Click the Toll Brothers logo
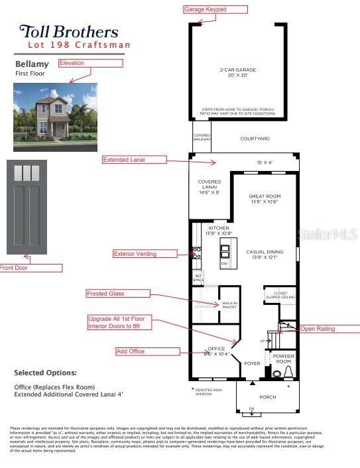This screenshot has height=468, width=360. pyautogui.click(x=68, y=31)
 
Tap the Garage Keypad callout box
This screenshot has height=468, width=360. pyautogui.click(x=215, y=9)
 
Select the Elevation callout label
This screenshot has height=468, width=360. pyautogui.click(x=90, y=63)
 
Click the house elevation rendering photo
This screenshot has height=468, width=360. pyautogui.click(x=55, y=112)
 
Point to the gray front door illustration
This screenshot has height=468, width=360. pyautogui.click(x=27, y=207)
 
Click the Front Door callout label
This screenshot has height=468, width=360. pyautogui.click(x=30, y=268)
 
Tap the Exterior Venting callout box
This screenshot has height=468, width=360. pyautogui.click(x=145, y=253)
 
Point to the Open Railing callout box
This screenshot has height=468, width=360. pyautogui.click(x=328, y=329)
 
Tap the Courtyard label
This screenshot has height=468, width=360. pyautogui.click(x=255, y=139)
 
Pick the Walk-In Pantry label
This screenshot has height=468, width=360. pyautogui.click(x=229, y=306)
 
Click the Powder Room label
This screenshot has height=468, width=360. pyautogui.click(x=284, y=359)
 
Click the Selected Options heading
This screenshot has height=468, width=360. pyautogui.click(x=45, y=373)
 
